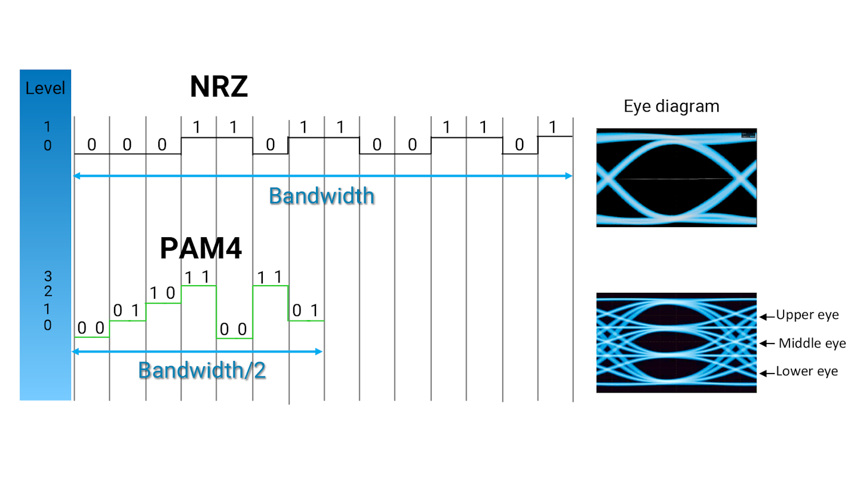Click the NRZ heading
[x=219, y=87]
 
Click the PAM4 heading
[x=201, y=249]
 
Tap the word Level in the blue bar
[x=45, y=89]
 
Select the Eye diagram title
[x=671, y=106]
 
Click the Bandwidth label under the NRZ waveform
[x=321, y=195]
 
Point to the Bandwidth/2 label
[x=202, y=370]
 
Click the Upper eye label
[x=807, y=315]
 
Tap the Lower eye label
[x=807, y=372]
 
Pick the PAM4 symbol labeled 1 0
[x=162, y=293]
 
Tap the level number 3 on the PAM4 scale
[x=48, y=277]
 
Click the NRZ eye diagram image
[x=676, y=177]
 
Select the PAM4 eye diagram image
[x=676, y=342]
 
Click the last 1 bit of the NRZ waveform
[x=552, y=127]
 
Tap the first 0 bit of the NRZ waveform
[x=91, y=145]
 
